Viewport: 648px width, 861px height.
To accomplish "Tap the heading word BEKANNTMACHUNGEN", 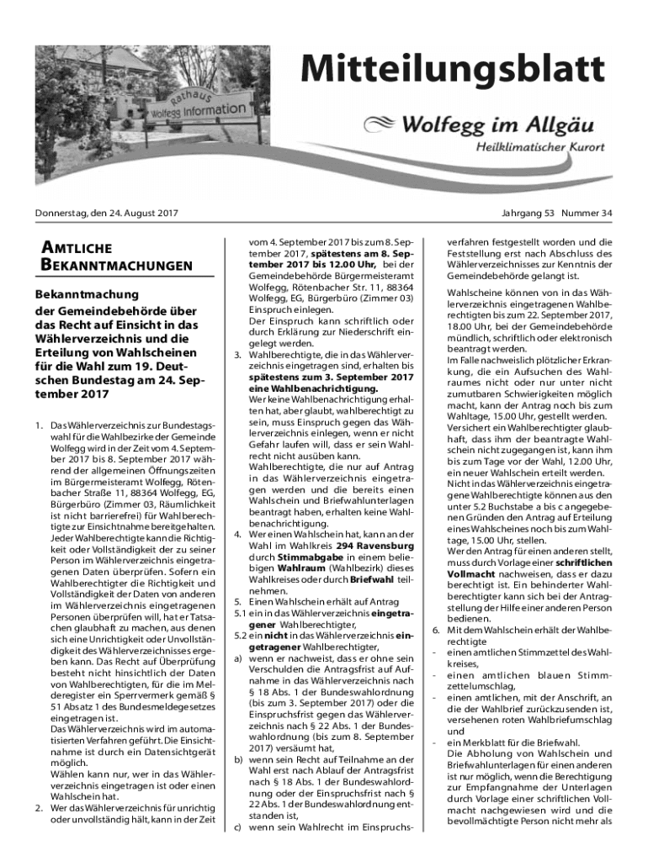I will [114, 267].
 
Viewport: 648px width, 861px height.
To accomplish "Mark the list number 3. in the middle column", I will [238, 355].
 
